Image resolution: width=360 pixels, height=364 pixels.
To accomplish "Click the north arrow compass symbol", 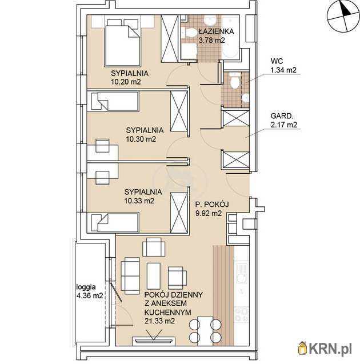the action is point(343,17).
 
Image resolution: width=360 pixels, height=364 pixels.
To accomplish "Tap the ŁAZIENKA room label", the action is point(216,31).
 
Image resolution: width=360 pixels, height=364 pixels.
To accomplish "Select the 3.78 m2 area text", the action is point(211,40).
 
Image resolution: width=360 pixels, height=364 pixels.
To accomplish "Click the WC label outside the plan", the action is point(277,61).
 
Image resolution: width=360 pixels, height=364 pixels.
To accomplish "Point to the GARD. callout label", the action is point(281,116).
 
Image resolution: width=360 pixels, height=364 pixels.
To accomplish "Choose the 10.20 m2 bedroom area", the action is point(126,82).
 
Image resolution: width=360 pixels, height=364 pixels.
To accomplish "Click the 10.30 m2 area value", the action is point(141,139).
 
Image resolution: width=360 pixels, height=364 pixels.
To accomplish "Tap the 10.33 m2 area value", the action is point(139,201).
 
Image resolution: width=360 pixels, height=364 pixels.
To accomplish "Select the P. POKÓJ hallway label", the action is point(212,205).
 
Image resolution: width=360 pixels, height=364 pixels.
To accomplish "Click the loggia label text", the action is point(86,287).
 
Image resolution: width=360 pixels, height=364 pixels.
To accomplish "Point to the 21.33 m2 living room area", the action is point(159,321).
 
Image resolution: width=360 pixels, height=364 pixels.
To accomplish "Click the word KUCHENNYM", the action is point(167,312).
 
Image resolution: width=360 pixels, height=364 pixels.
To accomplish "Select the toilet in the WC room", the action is point(235,81).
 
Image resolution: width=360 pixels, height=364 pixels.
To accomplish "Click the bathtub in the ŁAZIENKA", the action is point(230,37).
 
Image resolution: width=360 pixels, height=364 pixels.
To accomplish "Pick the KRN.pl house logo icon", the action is point(303,348).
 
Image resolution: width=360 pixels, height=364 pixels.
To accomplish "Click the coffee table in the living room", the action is point(154,276).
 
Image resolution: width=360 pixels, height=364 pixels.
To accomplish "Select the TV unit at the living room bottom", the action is point(153,341).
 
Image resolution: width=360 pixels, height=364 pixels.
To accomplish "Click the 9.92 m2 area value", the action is point(209,213).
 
